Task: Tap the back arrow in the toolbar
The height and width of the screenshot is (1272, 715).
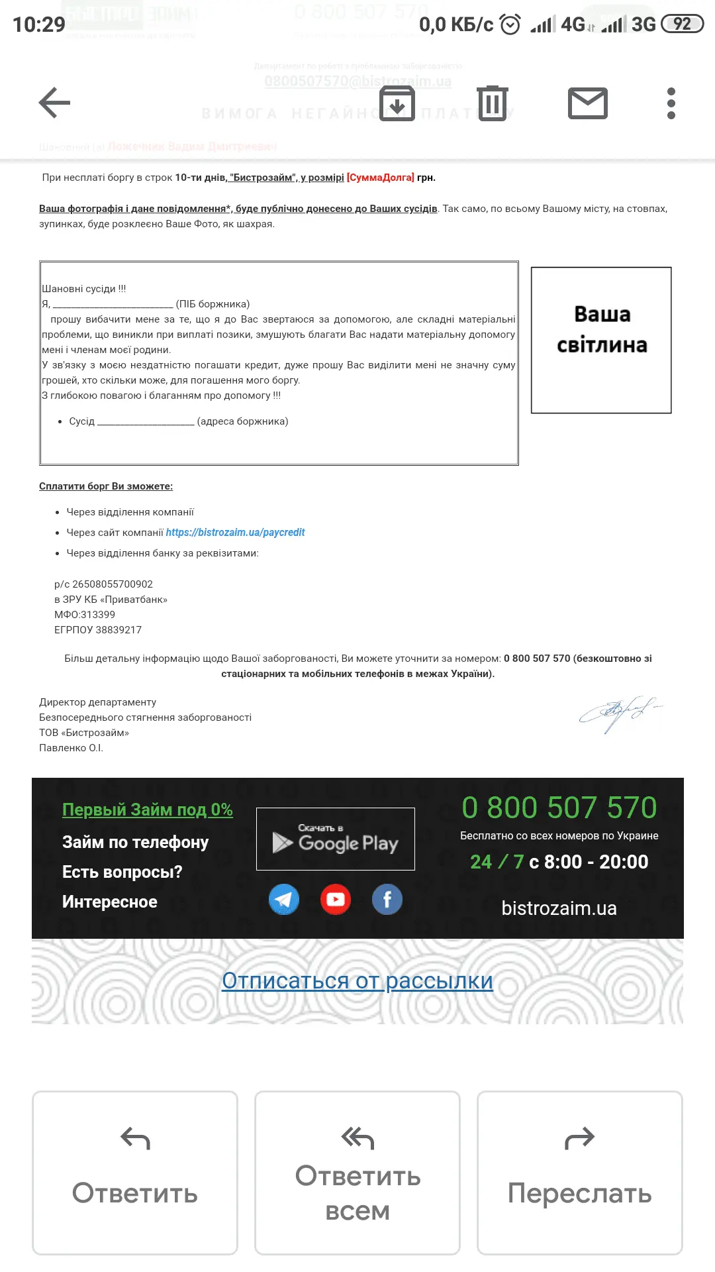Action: click(54, 103)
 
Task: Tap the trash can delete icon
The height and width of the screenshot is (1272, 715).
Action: click(493, 103)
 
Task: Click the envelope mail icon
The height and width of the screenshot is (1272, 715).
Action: click(588, 103)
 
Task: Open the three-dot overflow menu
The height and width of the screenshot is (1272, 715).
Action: click(671, 103)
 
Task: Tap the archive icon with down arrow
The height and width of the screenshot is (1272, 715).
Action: click(397, 103)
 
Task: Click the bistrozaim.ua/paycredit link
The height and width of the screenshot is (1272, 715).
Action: click(235, 533)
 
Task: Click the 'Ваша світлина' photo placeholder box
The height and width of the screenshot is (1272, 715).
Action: click(601, 341)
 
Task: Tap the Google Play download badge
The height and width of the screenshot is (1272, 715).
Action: click(336, 839)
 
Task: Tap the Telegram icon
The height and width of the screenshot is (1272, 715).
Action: click(284, 900)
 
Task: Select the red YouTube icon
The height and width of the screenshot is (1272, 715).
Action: click(336, 900)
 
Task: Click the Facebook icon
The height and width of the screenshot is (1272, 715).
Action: click(387, 900)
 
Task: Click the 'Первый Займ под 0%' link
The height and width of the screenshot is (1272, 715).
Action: click(148, 810)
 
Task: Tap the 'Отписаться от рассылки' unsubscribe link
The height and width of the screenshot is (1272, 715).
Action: click(358, 981)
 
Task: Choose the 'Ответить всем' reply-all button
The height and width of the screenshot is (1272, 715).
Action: click(358, 1173)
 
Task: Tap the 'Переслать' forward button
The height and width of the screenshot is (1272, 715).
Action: click(580, 1173)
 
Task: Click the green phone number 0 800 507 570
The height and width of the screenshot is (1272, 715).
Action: click(559, 808)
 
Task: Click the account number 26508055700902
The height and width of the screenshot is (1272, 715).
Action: click(113, 584)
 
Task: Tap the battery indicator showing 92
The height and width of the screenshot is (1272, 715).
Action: click(682, 25)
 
